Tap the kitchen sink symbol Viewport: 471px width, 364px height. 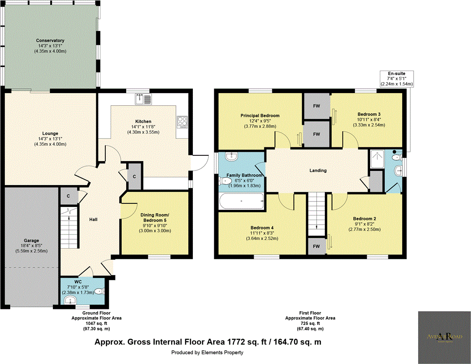(144, 99)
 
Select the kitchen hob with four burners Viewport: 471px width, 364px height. (183, 122)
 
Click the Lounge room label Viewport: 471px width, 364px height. (50, 134)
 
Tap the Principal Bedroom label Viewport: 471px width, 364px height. (259, 116)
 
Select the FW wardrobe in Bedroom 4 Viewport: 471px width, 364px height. (316, 246)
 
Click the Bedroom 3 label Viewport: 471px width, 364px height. (370, 114)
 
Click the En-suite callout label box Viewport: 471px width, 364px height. (397, 79)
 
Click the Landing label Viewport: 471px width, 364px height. (318, 170)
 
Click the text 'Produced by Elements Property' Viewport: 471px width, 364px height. (208, 352)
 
